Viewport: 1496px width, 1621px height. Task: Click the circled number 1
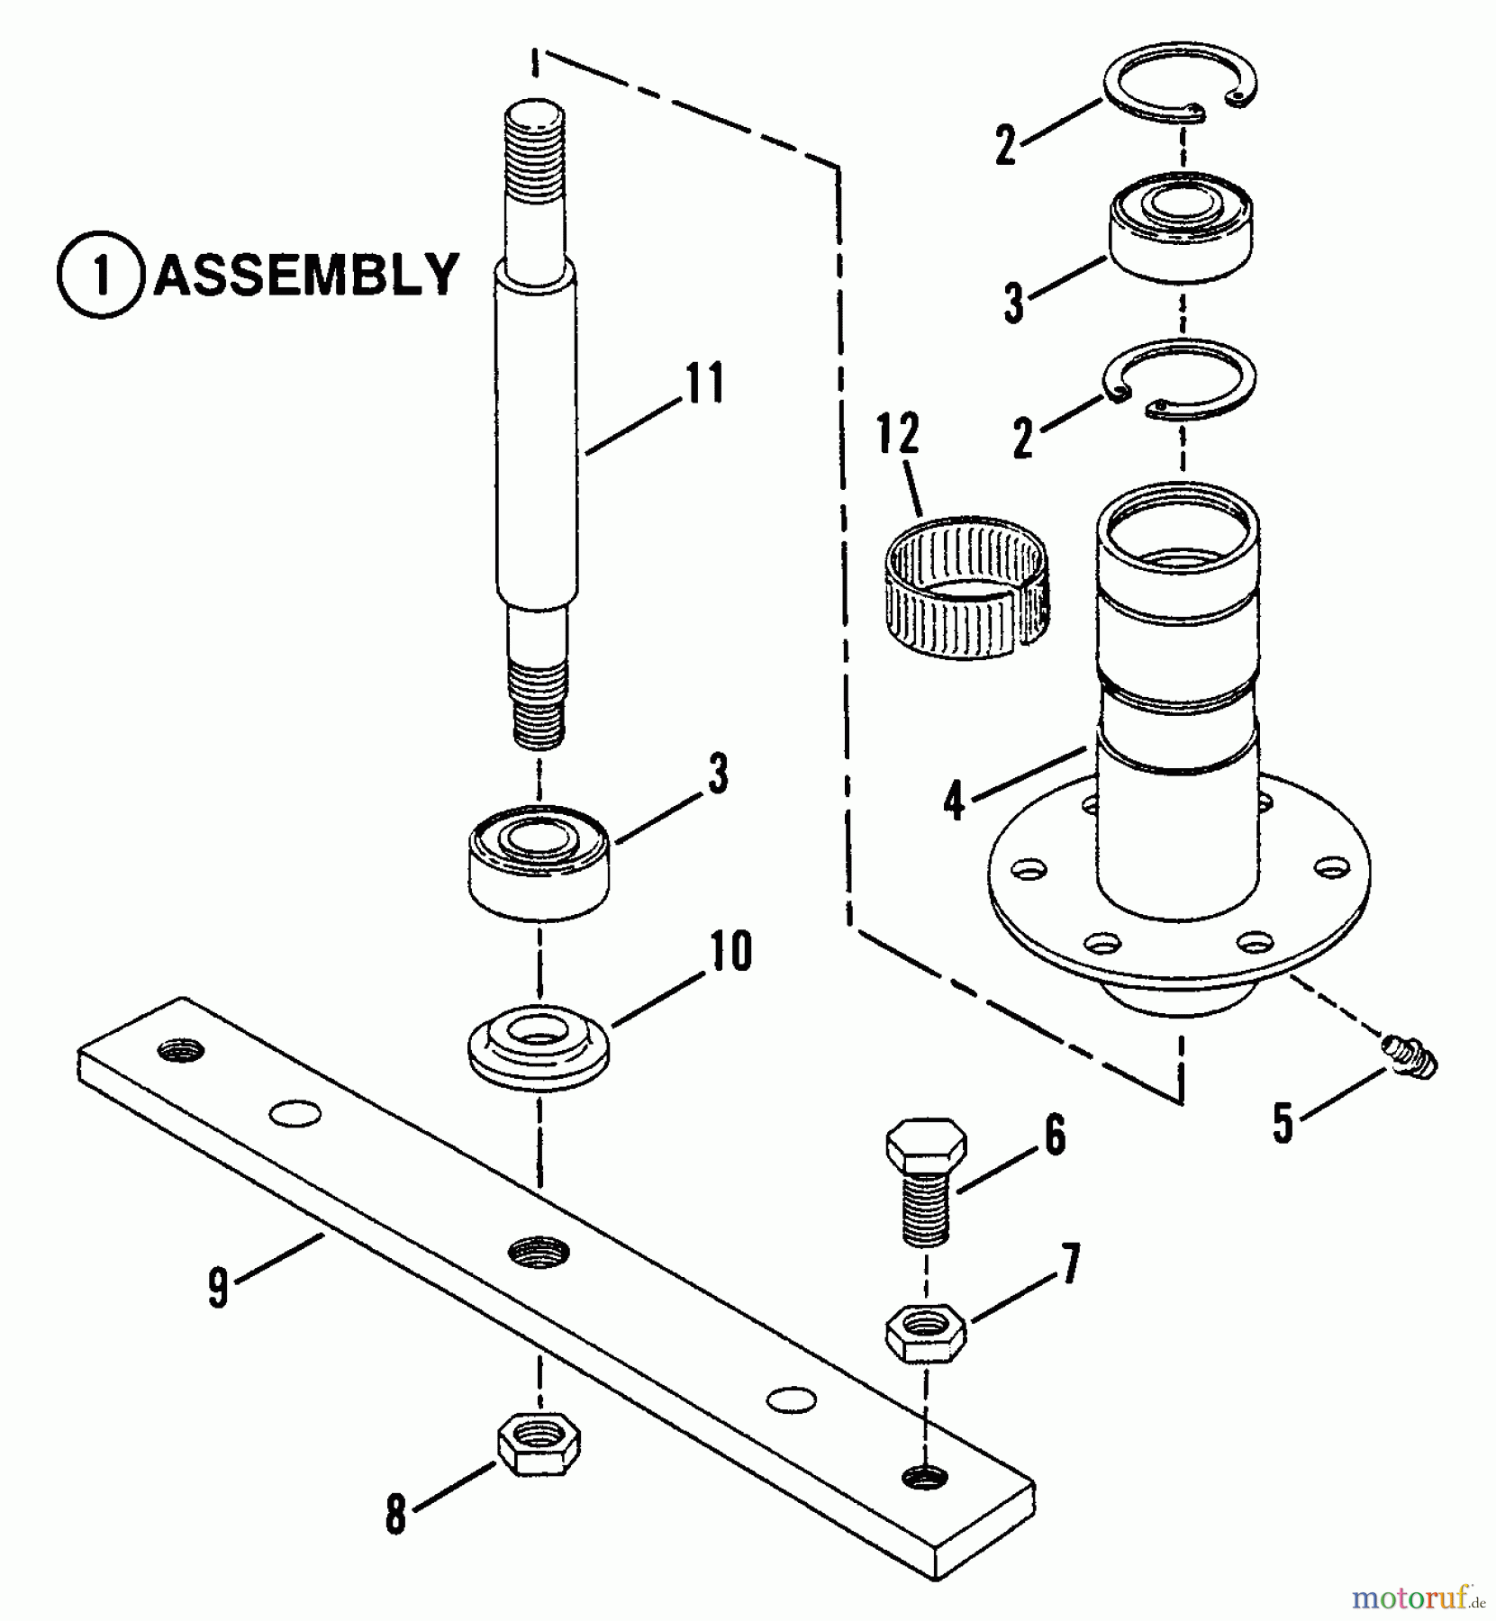101,275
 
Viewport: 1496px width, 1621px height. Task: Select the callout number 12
899,434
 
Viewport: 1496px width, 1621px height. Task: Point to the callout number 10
730,952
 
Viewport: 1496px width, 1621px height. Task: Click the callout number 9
218,1286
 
